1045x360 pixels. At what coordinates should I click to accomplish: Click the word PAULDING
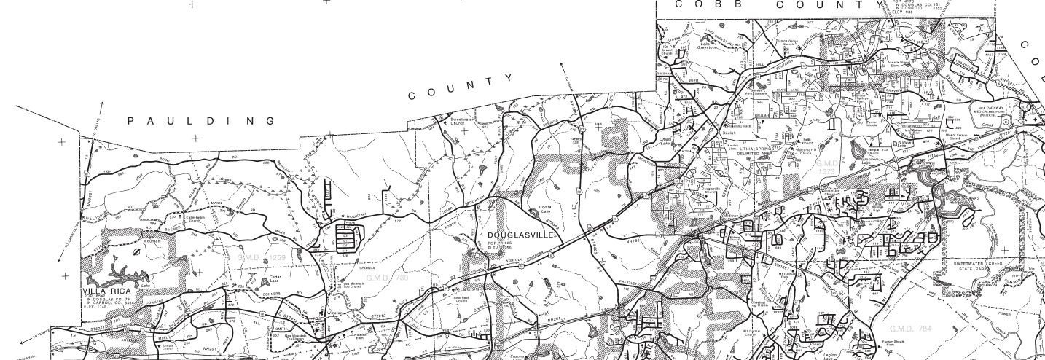click(201, 121)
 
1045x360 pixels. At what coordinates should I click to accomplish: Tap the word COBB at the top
click(702, 4)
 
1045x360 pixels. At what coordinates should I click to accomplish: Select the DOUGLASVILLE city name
click(522, 235)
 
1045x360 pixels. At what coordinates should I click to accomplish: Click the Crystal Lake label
click(545, 210)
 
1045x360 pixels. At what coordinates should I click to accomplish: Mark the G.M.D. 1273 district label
click(829, 168)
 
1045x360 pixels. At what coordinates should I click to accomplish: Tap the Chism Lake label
click(665, 141)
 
